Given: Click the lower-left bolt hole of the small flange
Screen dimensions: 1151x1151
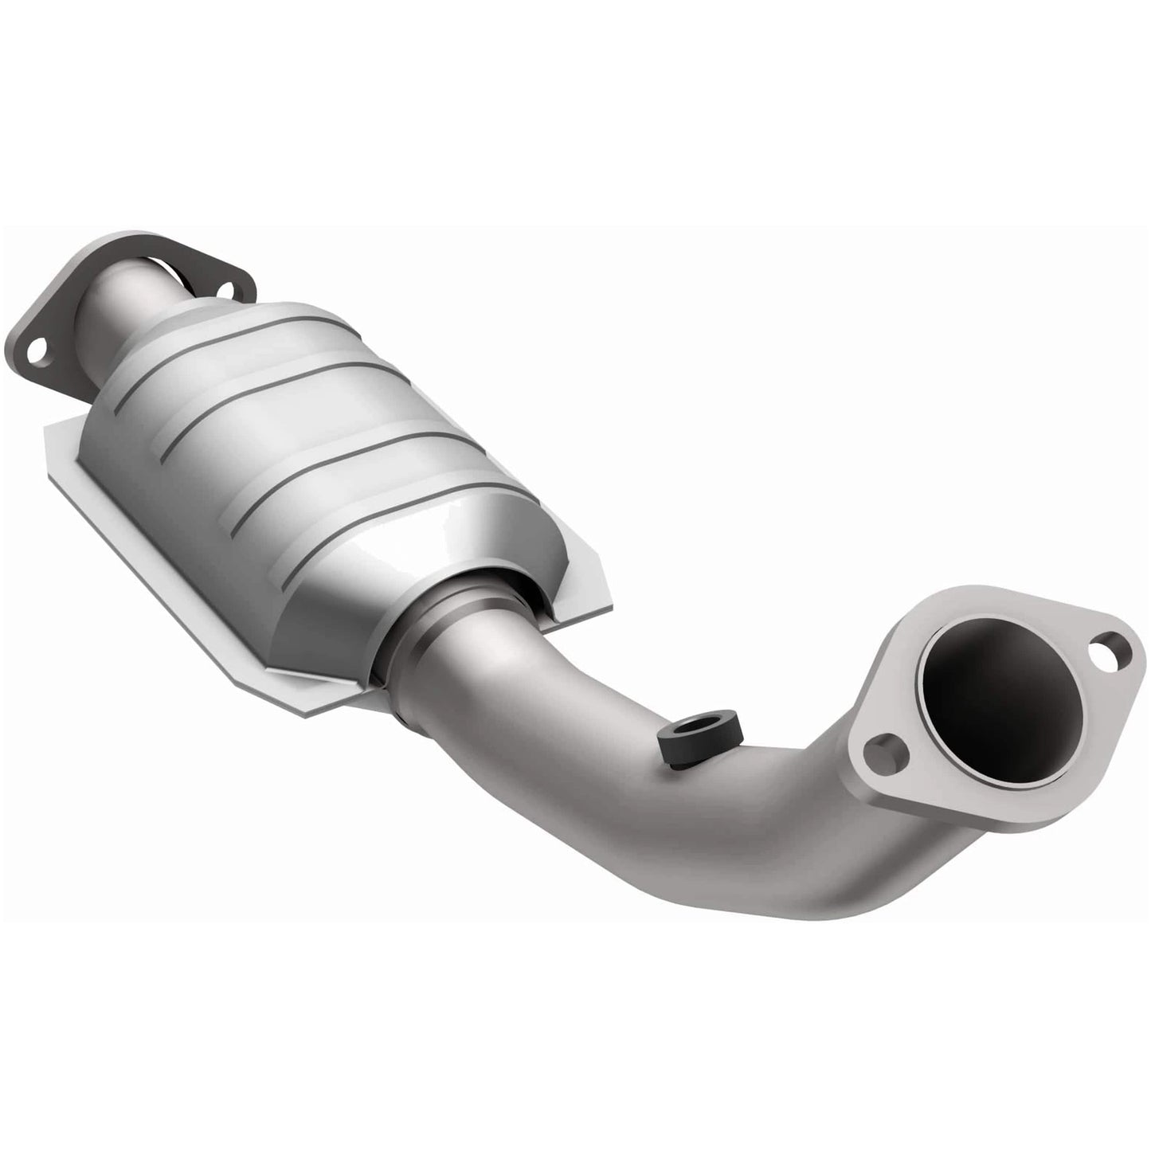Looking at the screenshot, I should pyautogui.click(x=34, y=348).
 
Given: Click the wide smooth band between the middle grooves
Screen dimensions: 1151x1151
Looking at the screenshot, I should pyautogui.click(x=335, y=430).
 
